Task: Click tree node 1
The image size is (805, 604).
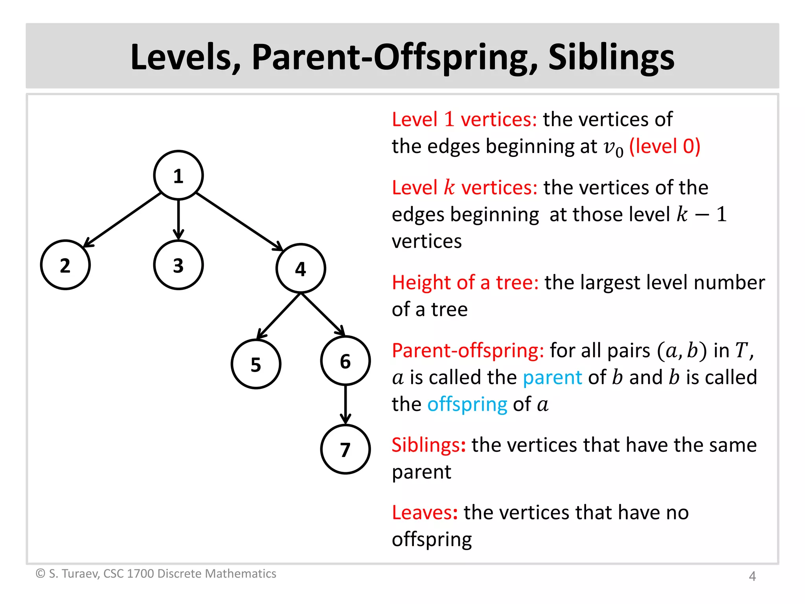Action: [178, 175]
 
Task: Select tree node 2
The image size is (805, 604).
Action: [65, 265]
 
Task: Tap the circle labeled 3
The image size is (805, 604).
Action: [178, 265]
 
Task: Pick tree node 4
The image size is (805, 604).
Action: [301, 269]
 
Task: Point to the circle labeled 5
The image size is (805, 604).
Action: [256, 364]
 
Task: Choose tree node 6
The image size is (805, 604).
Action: [346, 361]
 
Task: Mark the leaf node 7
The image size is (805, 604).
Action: [346, 449]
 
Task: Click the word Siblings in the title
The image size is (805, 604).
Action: [611, 57]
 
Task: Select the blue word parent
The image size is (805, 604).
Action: [552, 377]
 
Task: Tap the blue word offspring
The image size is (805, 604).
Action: [467, 405]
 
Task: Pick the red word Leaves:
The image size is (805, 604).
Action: [425, 513]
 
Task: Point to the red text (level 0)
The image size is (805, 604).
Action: [665, 147]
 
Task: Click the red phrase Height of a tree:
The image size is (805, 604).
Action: [465, 283]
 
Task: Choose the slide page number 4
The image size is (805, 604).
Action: [752, 576]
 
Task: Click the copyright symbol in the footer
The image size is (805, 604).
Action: [40, 574]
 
